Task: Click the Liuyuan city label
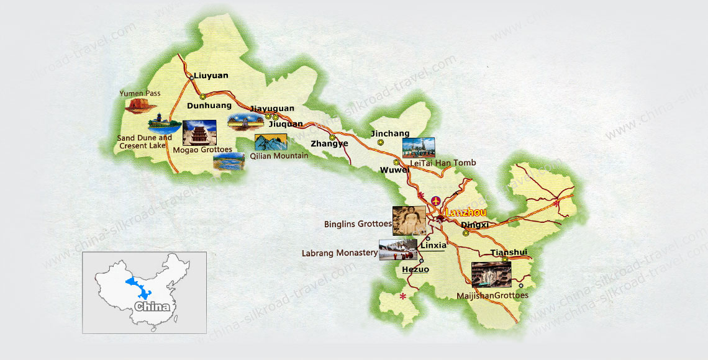(211, 76)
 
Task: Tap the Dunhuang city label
(209, 106)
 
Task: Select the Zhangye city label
(329, 143)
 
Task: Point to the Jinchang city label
(390, 133)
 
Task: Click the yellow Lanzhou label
(466, 212)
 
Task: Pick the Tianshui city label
(509, 252)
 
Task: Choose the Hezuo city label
(415, 269)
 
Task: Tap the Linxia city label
(433, 245)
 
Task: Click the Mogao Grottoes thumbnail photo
(199, 133)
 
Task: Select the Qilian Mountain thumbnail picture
(271, 142)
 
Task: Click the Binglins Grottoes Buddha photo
(409, 220)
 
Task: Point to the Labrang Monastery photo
(398, 250)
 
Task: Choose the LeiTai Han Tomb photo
(418, 148)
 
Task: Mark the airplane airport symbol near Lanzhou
(435, 201)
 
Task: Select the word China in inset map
(152, 307)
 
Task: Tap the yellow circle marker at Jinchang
(380, 143)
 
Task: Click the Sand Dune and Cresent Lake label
(145, 142)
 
